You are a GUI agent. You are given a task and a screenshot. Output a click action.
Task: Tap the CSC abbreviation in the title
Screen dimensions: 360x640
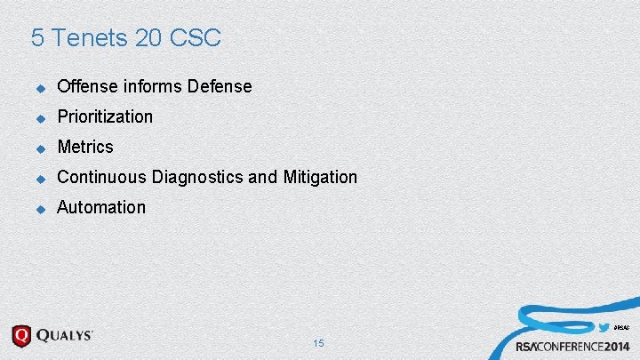[x=195, y=38]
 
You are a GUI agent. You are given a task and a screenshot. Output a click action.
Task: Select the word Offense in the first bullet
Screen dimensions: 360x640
[x=87, y=86]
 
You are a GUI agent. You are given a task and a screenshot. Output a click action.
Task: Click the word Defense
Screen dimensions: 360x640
[x=219, y=86]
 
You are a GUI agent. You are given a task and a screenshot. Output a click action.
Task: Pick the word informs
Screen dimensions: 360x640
[x=151, y=86]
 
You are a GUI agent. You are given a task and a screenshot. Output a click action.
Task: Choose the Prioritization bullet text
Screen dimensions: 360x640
[x=105, y=116]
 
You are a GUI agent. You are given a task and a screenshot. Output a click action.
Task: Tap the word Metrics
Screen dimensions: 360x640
[x=85, y=147]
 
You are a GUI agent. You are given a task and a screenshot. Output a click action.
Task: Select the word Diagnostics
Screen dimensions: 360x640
[x=197, y=177]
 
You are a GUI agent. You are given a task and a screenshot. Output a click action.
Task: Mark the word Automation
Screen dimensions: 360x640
[x=101, y=207]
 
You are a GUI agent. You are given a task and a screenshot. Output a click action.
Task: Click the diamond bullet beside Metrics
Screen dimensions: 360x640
[x=39, y=148]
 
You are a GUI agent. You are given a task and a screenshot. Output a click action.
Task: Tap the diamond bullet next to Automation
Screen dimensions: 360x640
[x=39, y=208]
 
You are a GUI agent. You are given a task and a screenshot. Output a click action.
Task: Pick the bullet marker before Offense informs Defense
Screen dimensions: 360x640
[x=39, y=87]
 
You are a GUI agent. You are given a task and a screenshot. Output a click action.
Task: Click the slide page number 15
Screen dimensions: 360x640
[x=319, y=343]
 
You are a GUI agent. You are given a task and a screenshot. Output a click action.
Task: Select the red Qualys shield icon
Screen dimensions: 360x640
[x=21, y=336]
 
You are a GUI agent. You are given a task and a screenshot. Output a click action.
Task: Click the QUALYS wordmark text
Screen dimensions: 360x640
[x=65, y=335]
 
